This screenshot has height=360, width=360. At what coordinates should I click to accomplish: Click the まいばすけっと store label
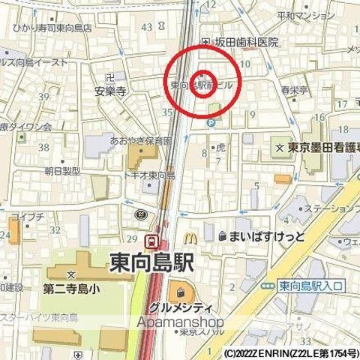pyautogui.click(x=260, y=236)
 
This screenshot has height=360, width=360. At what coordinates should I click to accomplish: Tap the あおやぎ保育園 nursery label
pyautogui.click(x=140, y=139)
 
